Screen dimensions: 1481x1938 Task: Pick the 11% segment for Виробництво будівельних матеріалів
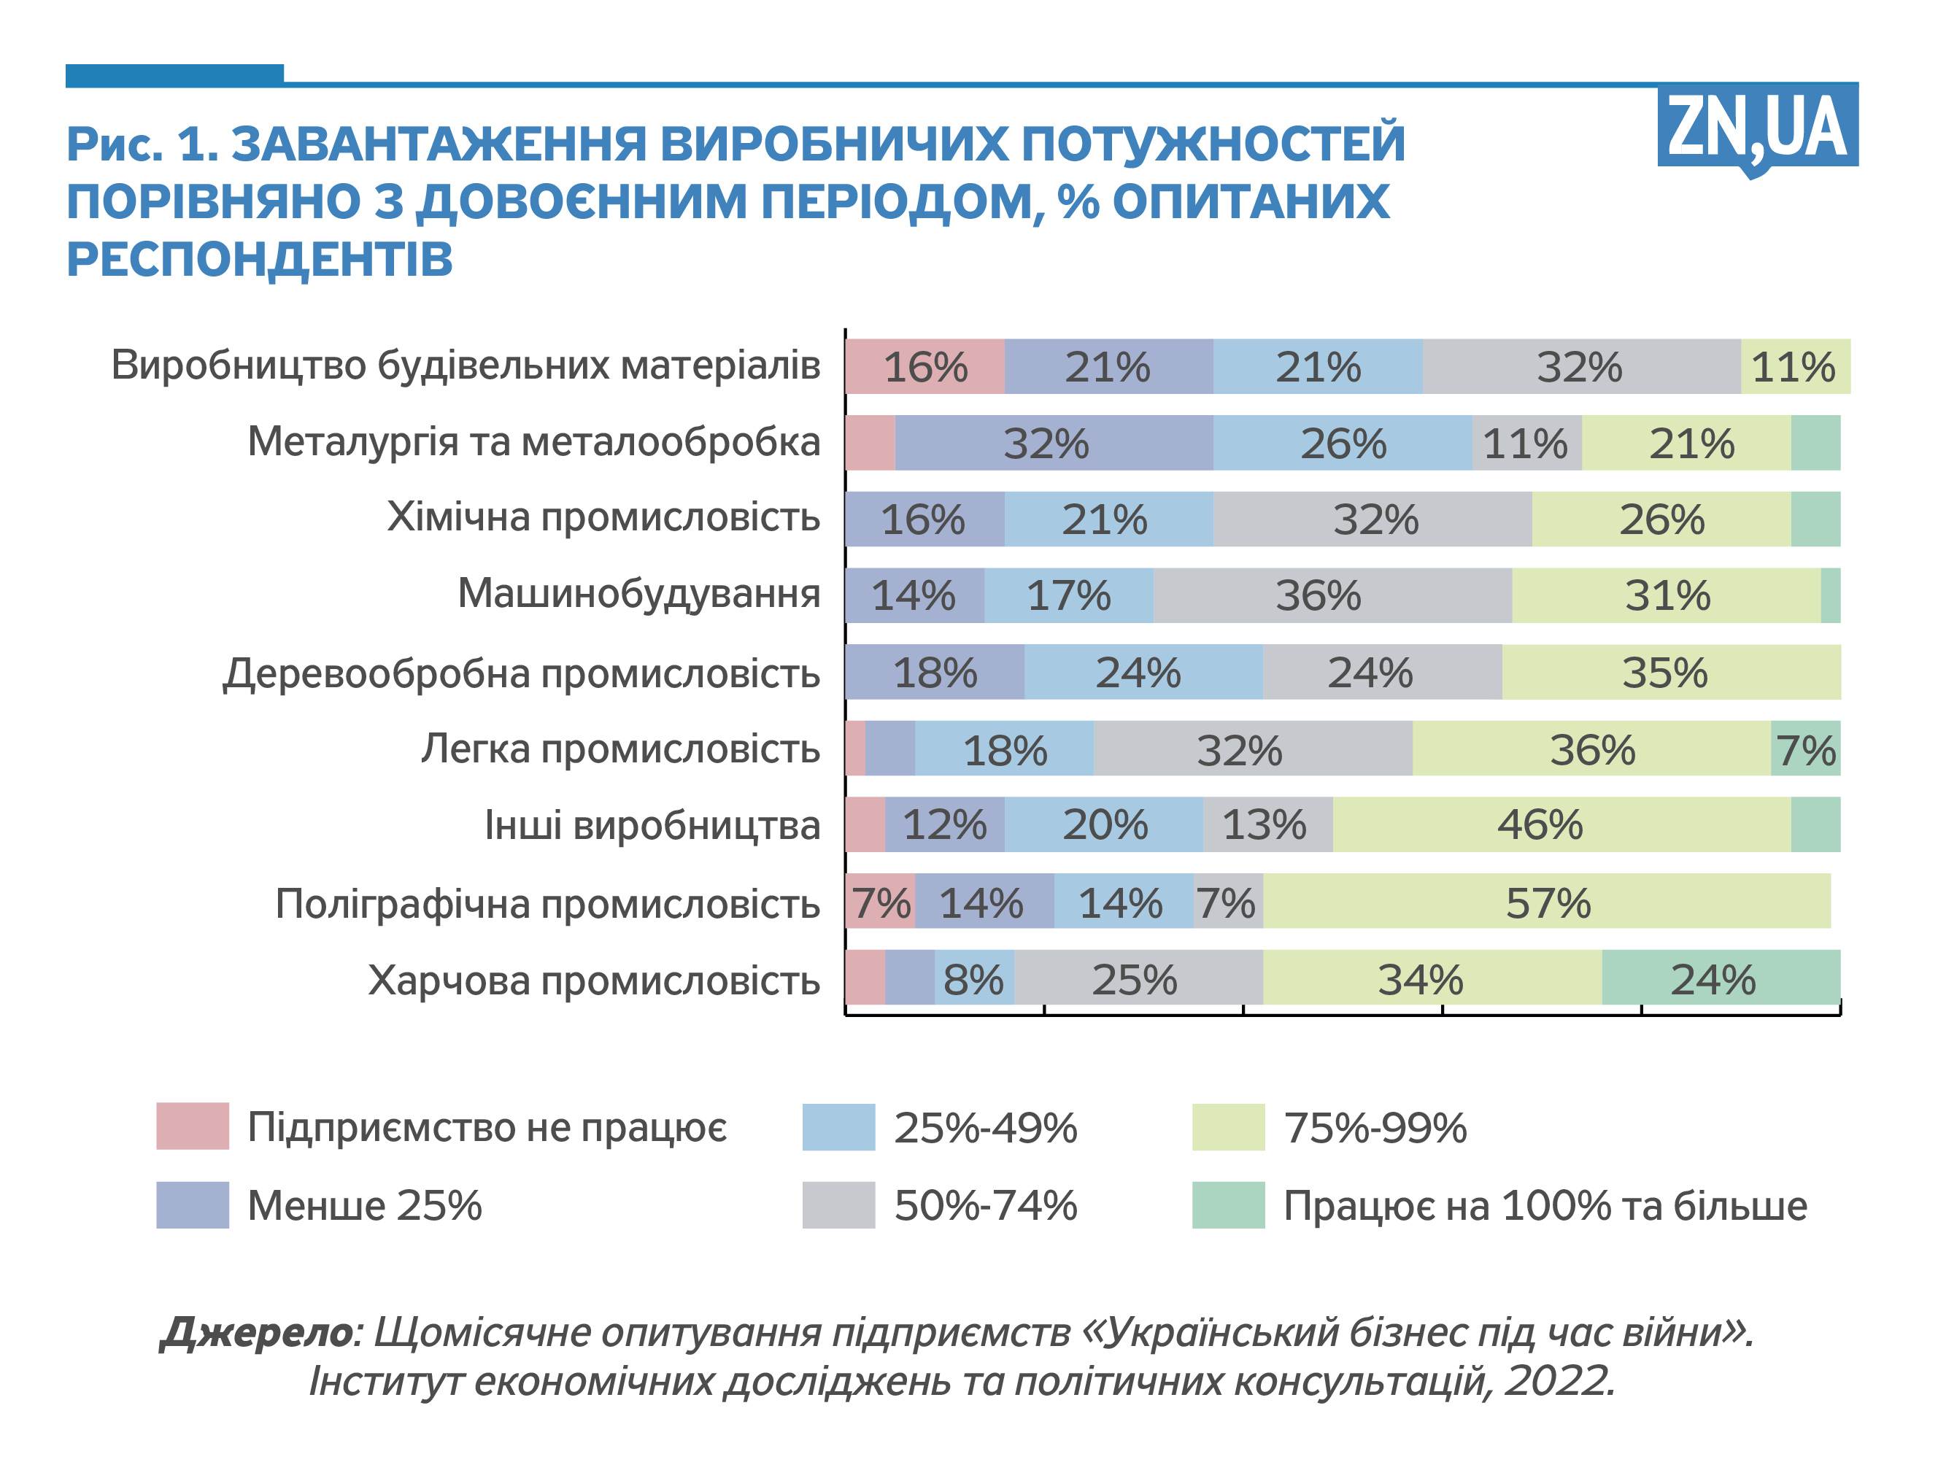[1794, 366]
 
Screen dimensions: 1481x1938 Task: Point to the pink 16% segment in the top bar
[924, 366]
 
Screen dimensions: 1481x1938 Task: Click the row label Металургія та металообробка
[533, 441]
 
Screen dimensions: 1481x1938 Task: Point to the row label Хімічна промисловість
[603, 517]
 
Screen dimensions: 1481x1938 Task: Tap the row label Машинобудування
[638, 593]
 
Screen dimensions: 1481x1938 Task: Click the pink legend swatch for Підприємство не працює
[192, 1126]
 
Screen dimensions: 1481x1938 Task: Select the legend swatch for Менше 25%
[192, 1204]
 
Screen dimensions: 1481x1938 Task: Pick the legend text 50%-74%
[985, 1205]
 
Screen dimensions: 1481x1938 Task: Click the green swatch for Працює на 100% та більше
[1227, 1204]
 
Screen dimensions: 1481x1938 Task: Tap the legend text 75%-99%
[1375, 1127]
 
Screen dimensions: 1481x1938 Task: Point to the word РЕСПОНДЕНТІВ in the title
[260, 259]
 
